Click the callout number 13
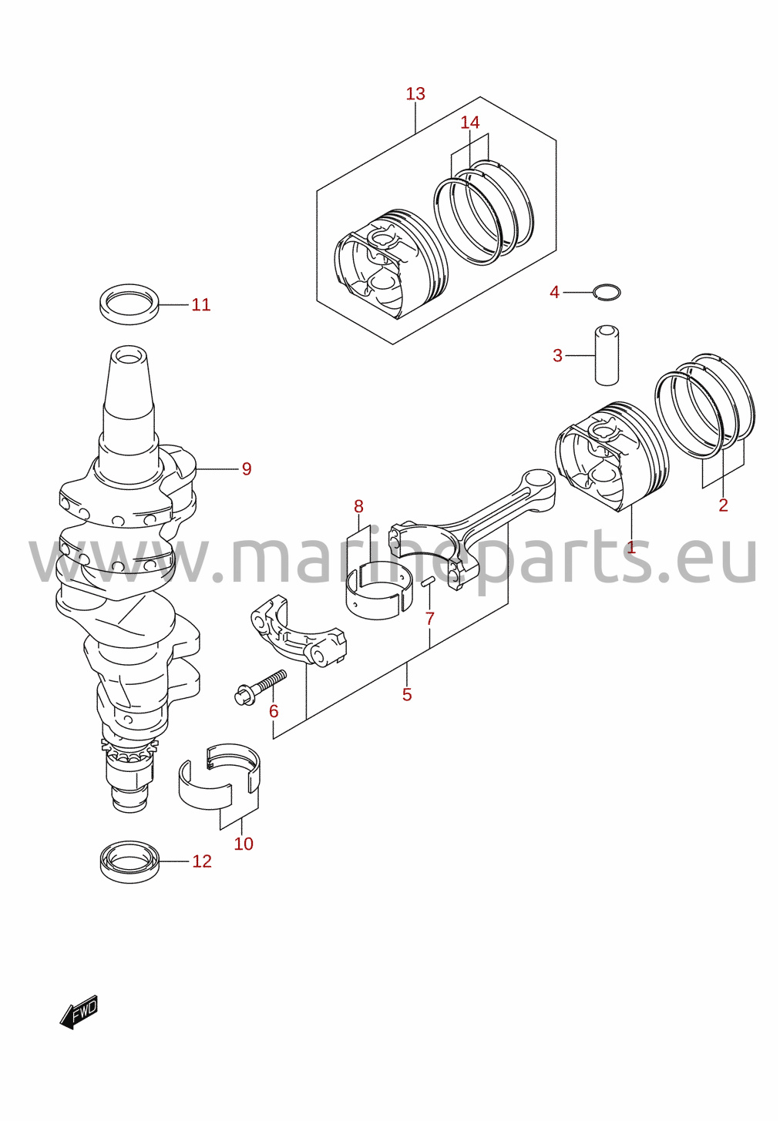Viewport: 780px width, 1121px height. tap(415, 93)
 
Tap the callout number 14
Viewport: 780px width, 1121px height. tap(469, 122)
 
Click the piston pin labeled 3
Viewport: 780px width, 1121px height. tap(607, 355)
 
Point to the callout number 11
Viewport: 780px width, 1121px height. tap(201, 305)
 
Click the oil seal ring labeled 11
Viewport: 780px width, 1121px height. tap(129, 304)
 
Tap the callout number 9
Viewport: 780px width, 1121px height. tap(247, 469)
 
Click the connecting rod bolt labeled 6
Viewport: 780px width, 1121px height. tap(261, 686)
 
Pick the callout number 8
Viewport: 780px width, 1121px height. tap(358, 506)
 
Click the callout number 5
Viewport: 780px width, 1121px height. tap(406, 695)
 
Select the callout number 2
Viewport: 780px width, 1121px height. tap(723, 505)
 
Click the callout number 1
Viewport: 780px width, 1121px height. tap(630, 548)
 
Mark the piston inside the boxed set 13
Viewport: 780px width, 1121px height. tap(392, 263)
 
